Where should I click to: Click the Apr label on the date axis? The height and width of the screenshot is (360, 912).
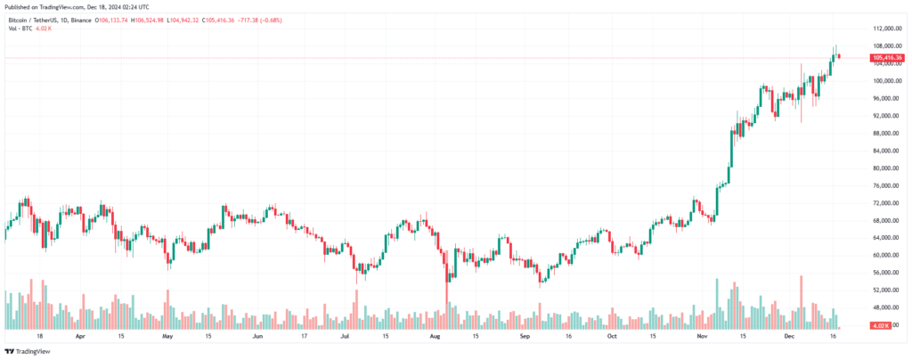pos(81,338)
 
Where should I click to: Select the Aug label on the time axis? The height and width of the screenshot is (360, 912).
pos(435,338)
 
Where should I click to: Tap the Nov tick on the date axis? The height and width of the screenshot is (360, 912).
pos(702,338)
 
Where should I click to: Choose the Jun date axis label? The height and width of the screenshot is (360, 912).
pos(258,338)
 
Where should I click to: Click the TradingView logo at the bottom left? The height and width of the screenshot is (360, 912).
pos(29,351)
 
